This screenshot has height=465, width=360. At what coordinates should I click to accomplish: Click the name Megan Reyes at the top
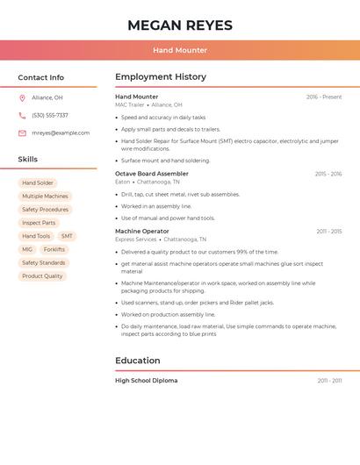click(180, 25)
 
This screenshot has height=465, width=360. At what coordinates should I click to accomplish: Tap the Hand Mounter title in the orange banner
click(180, 50)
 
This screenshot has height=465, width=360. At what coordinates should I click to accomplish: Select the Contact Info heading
click(41, 77)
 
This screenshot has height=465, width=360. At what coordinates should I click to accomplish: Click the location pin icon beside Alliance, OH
click(22, 97)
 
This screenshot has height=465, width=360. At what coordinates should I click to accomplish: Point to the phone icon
click(22, 115)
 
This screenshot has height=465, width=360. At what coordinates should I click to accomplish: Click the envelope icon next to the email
click(22, 132)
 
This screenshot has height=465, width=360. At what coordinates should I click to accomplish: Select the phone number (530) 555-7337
click(50, 115)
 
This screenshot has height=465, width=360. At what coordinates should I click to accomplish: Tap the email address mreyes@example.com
click(61, 132)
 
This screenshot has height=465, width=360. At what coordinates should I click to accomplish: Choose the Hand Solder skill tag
click(38, 182)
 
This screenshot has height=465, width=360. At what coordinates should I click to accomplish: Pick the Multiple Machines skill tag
click(45, 197)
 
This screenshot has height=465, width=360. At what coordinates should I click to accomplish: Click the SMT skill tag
click(67, 236)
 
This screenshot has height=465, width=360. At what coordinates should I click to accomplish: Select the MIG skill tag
click(27, 249)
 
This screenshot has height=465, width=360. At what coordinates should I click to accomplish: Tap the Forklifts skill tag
click(54, 249)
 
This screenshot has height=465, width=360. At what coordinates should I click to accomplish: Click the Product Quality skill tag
click(42, 276)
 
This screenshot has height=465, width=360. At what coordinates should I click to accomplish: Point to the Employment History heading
click(161, 77)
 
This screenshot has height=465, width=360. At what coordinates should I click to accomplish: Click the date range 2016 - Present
click(324, 97)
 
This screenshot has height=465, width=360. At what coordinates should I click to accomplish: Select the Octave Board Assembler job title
click(152, 174)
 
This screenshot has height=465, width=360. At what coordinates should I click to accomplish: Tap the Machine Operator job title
click(142, 231)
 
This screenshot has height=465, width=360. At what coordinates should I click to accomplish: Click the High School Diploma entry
click(147, 380)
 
